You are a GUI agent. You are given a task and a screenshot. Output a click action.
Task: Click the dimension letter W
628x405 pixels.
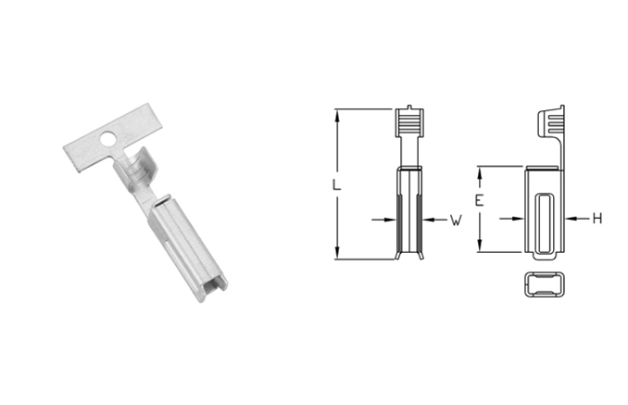pos(456,221)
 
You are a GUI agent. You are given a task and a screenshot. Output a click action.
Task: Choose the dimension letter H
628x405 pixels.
pos(597,219)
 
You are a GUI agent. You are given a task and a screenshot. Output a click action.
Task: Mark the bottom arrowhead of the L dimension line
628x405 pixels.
pos(337,254)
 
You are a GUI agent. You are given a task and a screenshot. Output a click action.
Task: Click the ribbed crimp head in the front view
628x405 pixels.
pos(408,123)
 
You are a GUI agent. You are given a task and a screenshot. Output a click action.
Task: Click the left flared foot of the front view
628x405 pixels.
pos(397,256)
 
